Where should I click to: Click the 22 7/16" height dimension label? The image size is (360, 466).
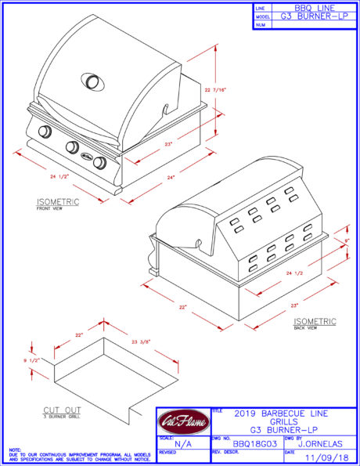click(x=229, y=92)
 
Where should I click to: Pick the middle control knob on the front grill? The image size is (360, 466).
click(x=73, y=146)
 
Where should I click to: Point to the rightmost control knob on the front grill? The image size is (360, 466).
click(x=100, y=164)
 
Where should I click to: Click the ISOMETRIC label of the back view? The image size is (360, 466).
click(x=315, y=321)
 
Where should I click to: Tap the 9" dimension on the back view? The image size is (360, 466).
click(x=347, y=241)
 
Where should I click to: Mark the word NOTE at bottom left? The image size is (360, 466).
click(x=15, y=450)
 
